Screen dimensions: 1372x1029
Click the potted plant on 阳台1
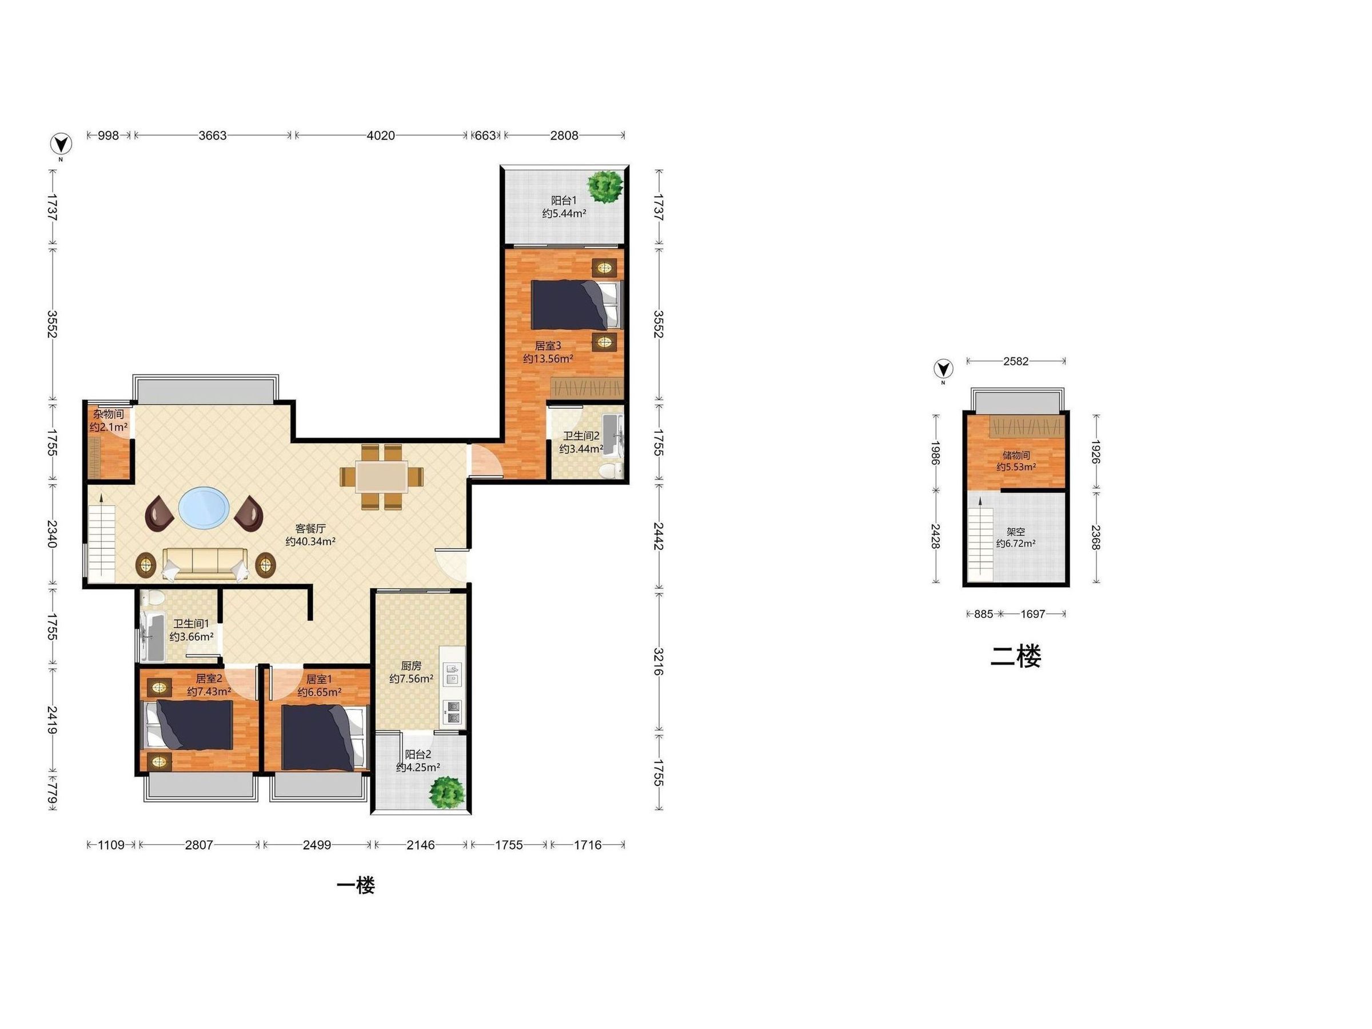605,185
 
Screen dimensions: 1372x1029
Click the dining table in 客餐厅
381,476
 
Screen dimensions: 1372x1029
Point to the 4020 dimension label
381,135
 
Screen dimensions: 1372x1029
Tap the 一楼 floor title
356,885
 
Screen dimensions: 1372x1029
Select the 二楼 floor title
1015,656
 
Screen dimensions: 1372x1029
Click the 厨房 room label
411,665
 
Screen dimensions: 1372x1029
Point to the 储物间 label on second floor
1016,454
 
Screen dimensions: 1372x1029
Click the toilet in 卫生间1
153,599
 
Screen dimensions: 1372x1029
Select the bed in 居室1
323,737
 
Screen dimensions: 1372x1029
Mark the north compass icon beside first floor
61,144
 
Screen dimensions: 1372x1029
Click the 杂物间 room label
109,414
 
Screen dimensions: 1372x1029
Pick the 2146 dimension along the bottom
421,845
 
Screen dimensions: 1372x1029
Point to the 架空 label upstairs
1015,532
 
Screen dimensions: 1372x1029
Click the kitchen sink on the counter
453,674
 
